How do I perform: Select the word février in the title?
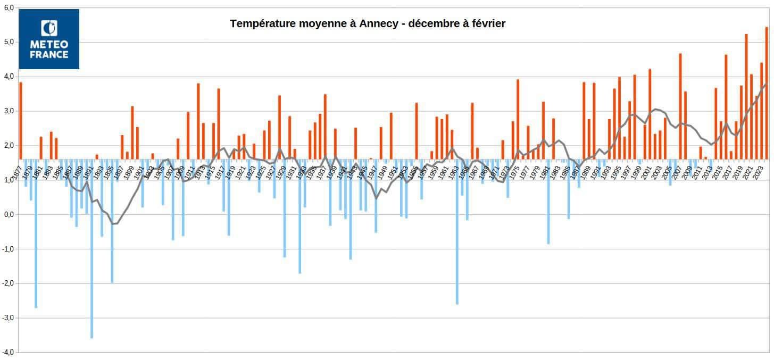coord(487,24)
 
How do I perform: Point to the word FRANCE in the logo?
coord(49,54)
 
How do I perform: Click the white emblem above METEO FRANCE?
coord(49,29)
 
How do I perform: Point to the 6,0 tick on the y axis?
coord(9,8)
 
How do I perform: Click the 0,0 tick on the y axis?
coord(9,215)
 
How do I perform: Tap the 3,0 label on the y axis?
coord(9,111)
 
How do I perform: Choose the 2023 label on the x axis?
coord(762,170)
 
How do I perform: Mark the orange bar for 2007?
coord(680,106)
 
